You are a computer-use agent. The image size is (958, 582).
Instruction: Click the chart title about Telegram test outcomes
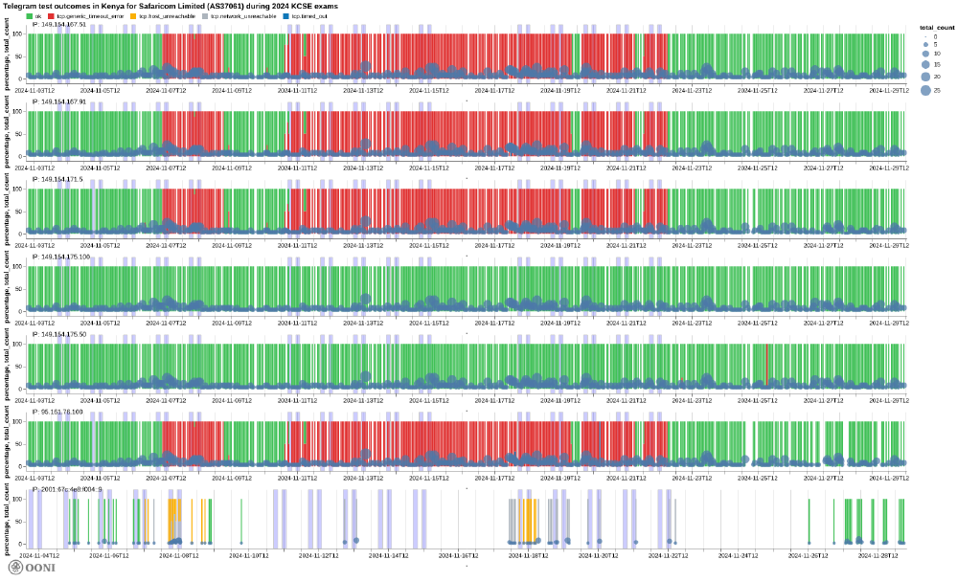click(177, 6)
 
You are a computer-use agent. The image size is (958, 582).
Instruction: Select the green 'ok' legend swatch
click(29, 16)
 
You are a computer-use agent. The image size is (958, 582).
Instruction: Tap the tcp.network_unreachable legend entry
click(243, 16)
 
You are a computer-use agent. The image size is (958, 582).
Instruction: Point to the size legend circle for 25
click(925, 90)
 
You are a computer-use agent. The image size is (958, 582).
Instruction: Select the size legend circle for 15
click(925, 64)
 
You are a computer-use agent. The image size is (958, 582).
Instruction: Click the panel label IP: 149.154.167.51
click(59, 24)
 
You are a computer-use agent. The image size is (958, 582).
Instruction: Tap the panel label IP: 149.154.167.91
click(59, 101)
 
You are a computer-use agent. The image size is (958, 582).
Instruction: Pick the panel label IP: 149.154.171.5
click(57, 179)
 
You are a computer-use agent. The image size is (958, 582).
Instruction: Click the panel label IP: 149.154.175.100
click(61, 257)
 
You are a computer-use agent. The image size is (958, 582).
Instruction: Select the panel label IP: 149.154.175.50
click(59, 334)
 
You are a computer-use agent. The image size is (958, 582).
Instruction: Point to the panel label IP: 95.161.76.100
click(57, 412)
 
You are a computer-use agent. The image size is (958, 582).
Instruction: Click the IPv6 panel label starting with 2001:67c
click(67, 489)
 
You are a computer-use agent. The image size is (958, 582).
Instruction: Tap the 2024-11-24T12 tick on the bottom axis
click(732, 554)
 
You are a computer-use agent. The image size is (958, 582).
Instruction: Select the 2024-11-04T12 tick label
click(41, 554)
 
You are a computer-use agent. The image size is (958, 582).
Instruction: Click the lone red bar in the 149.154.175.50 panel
click(767, 365)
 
